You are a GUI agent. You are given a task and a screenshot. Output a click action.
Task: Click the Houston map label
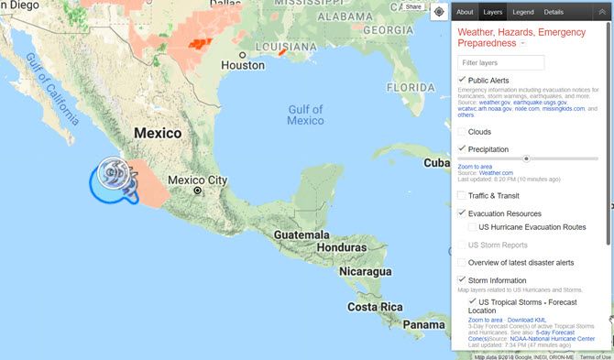tap(243, 65)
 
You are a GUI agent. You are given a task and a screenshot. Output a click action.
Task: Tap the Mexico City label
tap(198, 180)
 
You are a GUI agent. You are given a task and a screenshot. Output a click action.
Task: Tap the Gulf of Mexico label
tap(305, 115)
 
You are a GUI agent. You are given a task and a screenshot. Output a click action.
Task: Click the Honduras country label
tap(341, 247)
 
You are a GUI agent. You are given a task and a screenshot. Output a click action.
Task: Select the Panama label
tap(424, 325)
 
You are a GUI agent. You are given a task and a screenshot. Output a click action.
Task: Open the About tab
tap(465, 12)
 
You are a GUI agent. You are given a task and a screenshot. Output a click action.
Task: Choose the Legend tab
tap(523, 12)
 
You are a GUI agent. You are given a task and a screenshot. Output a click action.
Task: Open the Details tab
tap(554, 12)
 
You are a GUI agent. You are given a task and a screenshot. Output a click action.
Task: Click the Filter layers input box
tap(502, 62)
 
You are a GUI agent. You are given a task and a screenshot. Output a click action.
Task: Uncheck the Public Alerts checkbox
tap(462, 81)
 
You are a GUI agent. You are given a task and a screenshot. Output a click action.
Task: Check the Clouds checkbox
tap(462, 131)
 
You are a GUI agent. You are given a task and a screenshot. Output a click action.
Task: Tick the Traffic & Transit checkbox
tap(462, 195)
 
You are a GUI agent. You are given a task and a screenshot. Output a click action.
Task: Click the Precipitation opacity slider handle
tap(526, 158)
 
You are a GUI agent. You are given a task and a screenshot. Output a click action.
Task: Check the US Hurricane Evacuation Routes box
tap(472, 226)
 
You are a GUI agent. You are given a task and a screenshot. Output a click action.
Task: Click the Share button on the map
tap(413, 7)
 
